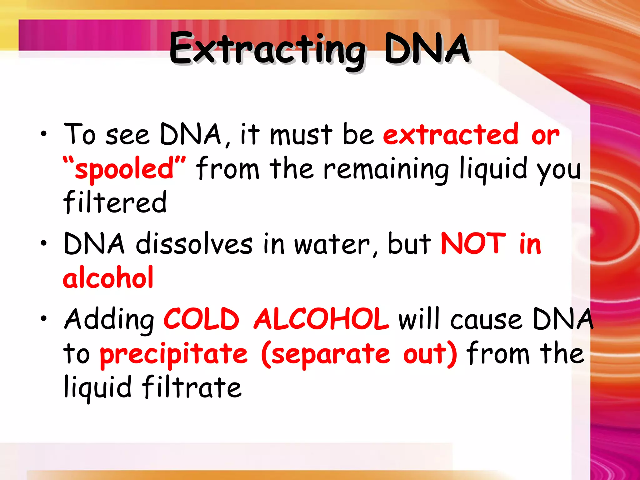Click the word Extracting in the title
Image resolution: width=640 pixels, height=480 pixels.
(x=267, y=50)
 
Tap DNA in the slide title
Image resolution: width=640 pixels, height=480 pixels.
(x=427, y=48)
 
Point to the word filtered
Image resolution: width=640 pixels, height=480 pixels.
(x=115, y=202)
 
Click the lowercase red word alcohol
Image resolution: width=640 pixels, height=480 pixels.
(x=108, y=277)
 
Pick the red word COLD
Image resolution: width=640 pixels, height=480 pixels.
(x=202, y=319)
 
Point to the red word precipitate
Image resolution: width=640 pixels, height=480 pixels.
(x=174, y=355)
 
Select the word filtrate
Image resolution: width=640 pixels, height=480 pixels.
(x=192, y=387)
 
